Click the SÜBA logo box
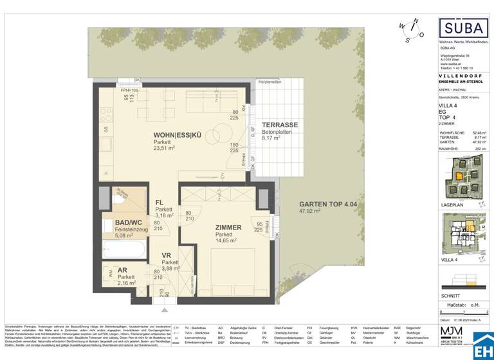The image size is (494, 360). click(462, 30)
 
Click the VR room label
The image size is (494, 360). click(165, 256)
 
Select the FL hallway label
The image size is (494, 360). click(159, 202)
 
